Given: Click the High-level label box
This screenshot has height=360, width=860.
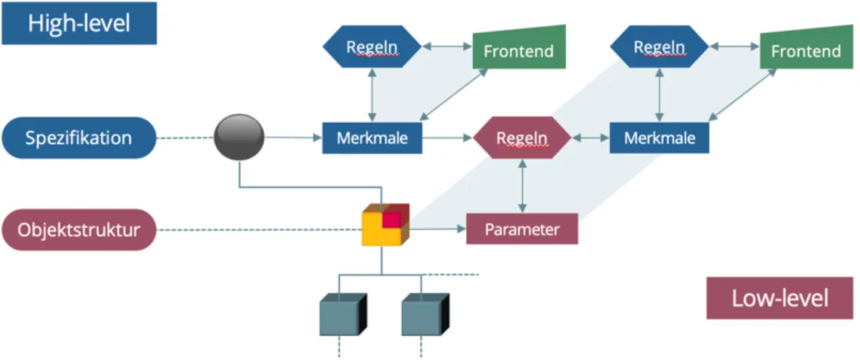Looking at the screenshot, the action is point(79,23).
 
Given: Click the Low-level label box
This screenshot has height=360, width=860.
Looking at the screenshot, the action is point(780,298).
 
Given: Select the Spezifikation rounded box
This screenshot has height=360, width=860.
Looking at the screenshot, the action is point(79,138).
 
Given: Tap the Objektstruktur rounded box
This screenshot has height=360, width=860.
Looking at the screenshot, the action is point(79,229).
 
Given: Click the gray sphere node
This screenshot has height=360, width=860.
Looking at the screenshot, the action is point(239,137).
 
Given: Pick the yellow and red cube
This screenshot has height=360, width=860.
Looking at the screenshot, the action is point(385,225).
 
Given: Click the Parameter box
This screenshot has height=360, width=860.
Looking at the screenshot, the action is point(522,229).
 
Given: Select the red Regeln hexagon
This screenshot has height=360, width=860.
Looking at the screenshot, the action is point(522,138).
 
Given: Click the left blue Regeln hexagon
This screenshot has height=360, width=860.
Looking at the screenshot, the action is point(372,46).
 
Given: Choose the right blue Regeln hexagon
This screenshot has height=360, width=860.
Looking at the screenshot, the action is point(660,46).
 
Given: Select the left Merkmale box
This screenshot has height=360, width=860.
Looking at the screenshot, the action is point(372,137).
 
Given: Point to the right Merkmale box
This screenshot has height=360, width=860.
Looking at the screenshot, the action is point(660,137).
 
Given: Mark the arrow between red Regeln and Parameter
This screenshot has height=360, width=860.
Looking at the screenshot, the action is point(521,186).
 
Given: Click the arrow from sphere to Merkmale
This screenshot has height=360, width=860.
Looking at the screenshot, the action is point(293,137).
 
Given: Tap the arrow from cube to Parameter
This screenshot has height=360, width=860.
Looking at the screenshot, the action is point(438,228).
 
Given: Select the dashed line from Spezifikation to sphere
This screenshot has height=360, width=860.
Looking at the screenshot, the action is point(185,138).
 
